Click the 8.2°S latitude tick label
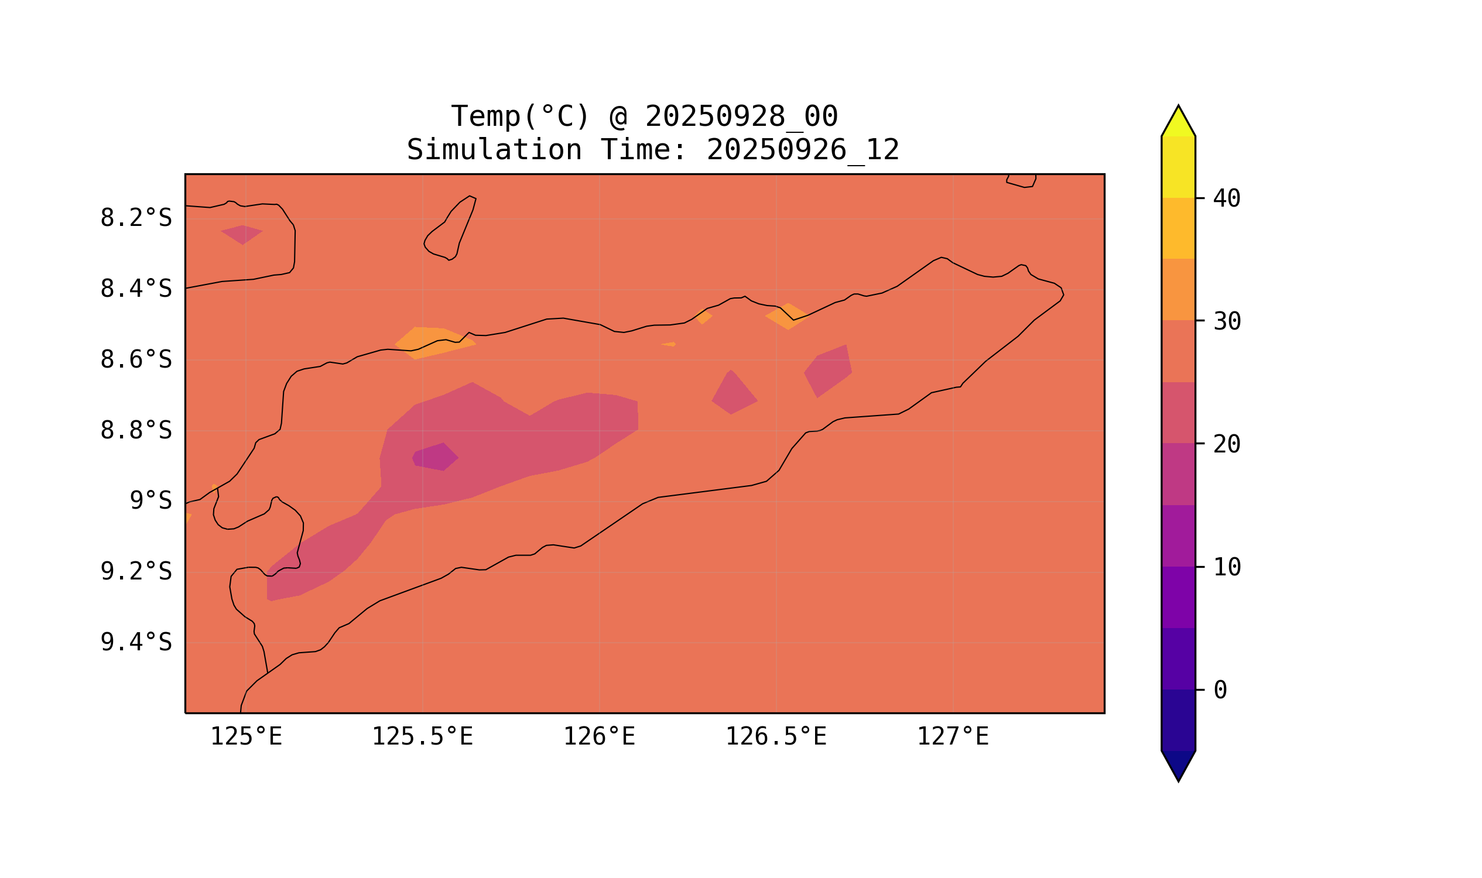(x=135, y=218)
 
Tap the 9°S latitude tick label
(x=150, y=500)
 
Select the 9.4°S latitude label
(x=135, y=642)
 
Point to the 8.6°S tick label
(x=135, y=360)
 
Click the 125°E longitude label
(x=246, y=736)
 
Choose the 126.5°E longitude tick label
(x=776, y=736)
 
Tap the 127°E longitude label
(x=953, y=736)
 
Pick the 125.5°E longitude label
(x=423, y=736)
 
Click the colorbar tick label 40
(x=1227, y=199)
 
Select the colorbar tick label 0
(x=1220, y=690)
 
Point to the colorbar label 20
(x=1227, y=444)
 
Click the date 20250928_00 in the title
(x=741, y=116)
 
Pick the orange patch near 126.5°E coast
(x=787, y=317)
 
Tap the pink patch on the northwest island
(x=241, y=234)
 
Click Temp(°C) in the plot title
(x=520, y=116)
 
